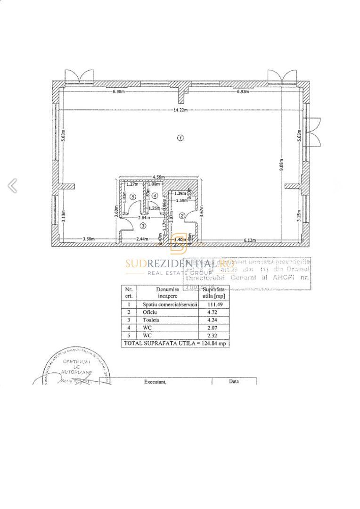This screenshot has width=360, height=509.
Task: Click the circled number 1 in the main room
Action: (x=180, y=138)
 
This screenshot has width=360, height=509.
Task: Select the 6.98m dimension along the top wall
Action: (x=118, y=92)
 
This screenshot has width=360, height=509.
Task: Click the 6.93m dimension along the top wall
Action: (x=243, y=92)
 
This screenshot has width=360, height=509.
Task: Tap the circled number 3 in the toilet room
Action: (x=144, y=226)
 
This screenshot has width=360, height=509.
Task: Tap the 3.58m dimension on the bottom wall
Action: (x=89, y=239)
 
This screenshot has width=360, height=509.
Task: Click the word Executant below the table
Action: (x=155, y=383)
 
